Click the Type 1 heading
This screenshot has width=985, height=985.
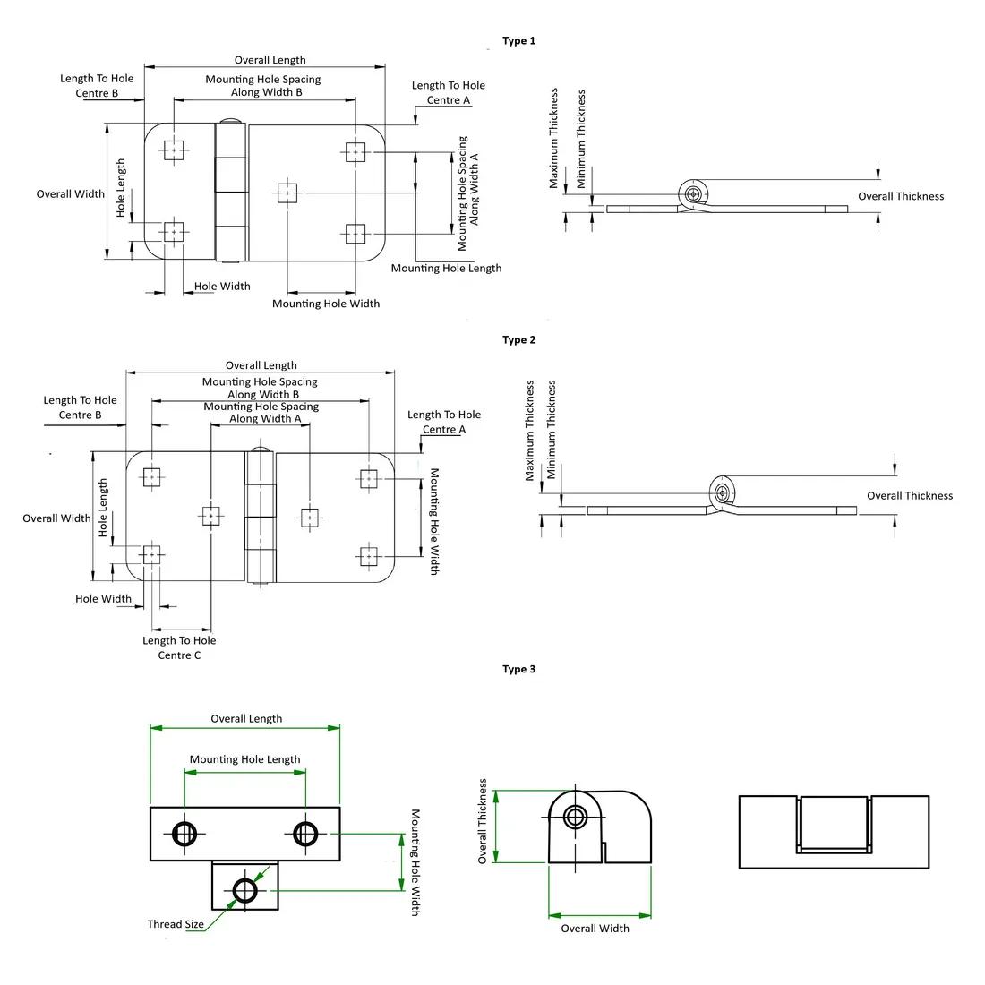[518, 41]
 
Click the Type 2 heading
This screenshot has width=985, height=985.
[518, 340]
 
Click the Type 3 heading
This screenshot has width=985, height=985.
[518, 669]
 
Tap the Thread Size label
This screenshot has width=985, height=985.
[176, 924]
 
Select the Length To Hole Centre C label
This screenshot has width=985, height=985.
[179, 647]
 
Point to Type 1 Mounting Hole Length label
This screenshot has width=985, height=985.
[446, 269]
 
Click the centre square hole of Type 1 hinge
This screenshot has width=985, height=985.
[287, 193]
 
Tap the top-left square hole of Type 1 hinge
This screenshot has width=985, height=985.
[174, 150]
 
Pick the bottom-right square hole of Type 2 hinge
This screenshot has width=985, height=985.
[369, 557]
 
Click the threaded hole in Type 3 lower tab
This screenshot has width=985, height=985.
[245, 890]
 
